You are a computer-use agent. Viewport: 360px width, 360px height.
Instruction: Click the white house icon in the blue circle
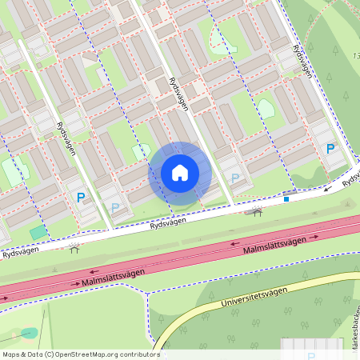180,172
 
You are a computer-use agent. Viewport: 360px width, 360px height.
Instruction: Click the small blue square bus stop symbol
287,199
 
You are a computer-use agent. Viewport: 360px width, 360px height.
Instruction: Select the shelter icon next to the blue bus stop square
258,211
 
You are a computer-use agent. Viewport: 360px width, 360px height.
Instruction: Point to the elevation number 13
355,55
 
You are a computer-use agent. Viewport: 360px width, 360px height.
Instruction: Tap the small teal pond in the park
30,333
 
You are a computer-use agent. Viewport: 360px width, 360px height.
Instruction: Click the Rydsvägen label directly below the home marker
167,226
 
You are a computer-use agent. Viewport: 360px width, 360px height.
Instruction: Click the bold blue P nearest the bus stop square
330,149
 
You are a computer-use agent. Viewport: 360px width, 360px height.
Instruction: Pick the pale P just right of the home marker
234,178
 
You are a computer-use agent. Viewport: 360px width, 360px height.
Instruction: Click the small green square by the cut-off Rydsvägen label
37,232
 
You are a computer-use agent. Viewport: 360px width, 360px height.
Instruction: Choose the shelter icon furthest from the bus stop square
74,247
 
